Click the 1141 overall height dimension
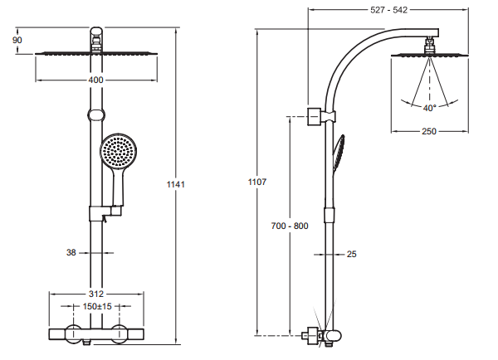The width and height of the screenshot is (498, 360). click(x=177, y=185)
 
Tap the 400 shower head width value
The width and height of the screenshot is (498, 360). click(x=95, y=80)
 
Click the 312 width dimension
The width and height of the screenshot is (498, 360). click(x=95, y=294)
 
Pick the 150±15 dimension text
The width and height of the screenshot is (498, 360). click(x=98, y=306)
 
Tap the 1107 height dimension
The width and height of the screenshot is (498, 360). click(x=256, y=181)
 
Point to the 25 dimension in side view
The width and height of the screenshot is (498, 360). click(x=351, y=254)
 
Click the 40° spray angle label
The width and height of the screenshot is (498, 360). click(x=429, y=108)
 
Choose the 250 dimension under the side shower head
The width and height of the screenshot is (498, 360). click(x=429, y=132)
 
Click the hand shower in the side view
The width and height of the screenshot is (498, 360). click(x=337, y=155)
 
